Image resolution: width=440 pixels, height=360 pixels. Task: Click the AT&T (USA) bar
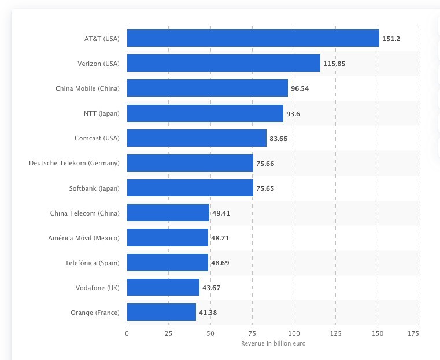pos(253,39)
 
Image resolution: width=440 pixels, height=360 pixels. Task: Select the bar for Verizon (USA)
pos(223,64)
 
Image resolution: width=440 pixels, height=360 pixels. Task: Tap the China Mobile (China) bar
pos(207,88)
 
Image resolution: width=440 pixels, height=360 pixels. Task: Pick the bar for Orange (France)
pos(161,313)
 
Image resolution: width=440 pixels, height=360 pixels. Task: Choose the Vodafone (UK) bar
pos(163,288)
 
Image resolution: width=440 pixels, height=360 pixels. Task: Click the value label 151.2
pos(391,39)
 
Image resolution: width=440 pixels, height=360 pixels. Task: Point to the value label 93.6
pos(293,114)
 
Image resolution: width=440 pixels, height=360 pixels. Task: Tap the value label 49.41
pos(221,213)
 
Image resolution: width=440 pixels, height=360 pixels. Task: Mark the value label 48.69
pos(220,263)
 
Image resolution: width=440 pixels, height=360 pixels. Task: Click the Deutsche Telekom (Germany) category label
pos(74,164)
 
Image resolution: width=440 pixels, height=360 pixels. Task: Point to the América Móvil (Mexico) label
pos(84,238)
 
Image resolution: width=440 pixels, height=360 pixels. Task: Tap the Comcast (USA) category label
pos(97,139)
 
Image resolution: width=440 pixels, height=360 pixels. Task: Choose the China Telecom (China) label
pos(85,213)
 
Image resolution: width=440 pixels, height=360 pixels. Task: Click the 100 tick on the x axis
pos(294,333)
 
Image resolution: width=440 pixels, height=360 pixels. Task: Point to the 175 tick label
pos(413,333)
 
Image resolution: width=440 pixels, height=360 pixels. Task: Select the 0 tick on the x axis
pos(127,333)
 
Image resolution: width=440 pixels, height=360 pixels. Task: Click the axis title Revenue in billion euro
pos(273,344)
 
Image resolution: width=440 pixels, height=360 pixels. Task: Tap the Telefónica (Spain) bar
pos(167,263)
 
